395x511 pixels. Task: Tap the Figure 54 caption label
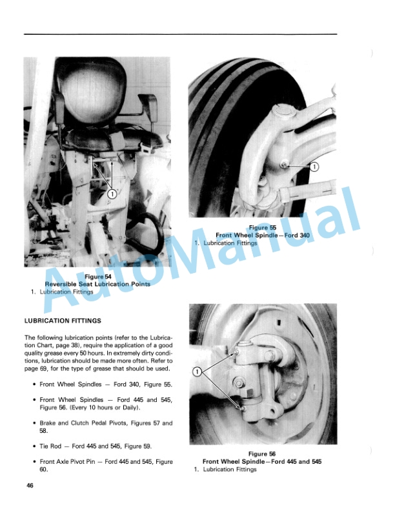tap(97, 277)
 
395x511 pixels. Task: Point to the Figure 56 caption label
tap(262, 454)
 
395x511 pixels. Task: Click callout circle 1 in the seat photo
tap(112, 193)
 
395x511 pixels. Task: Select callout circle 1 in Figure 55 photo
tap(314, 166)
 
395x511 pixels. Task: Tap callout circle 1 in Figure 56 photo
tap(198, 372)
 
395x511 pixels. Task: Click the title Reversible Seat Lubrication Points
tap(97, 285)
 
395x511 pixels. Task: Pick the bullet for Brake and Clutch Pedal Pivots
tap(34, 423)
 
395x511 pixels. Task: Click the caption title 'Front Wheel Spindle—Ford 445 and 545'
tap(262, 462)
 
